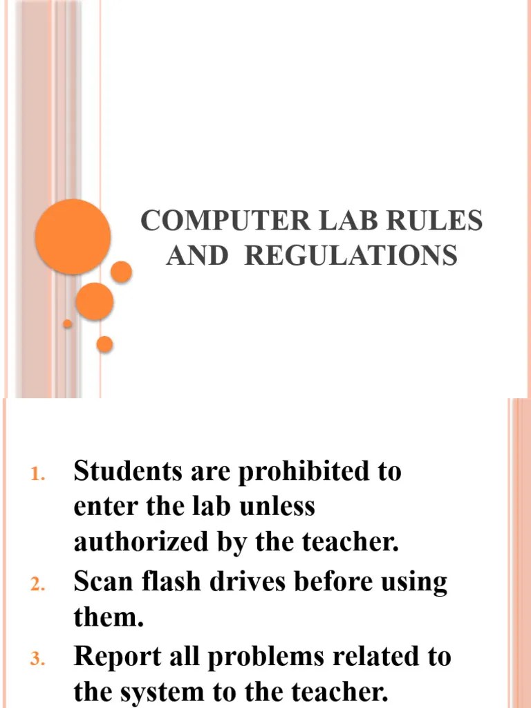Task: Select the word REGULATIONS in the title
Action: (x=351, y=256)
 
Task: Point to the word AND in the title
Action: (x=197, y=256)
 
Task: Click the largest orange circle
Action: (x=73, y=237)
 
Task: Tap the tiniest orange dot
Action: (x=67, y=324)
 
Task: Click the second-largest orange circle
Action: (x=95, y=301)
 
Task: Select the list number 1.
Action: (x=37, y=475)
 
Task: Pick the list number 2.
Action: (x=37, y=586)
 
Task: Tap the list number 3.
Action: (x=37, y=660)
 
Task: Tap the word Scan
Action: (x=104, y=582)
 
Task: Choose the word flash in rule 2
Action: (x=174, y=582)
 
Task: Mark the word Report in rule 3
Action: (x=119, y=657)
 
